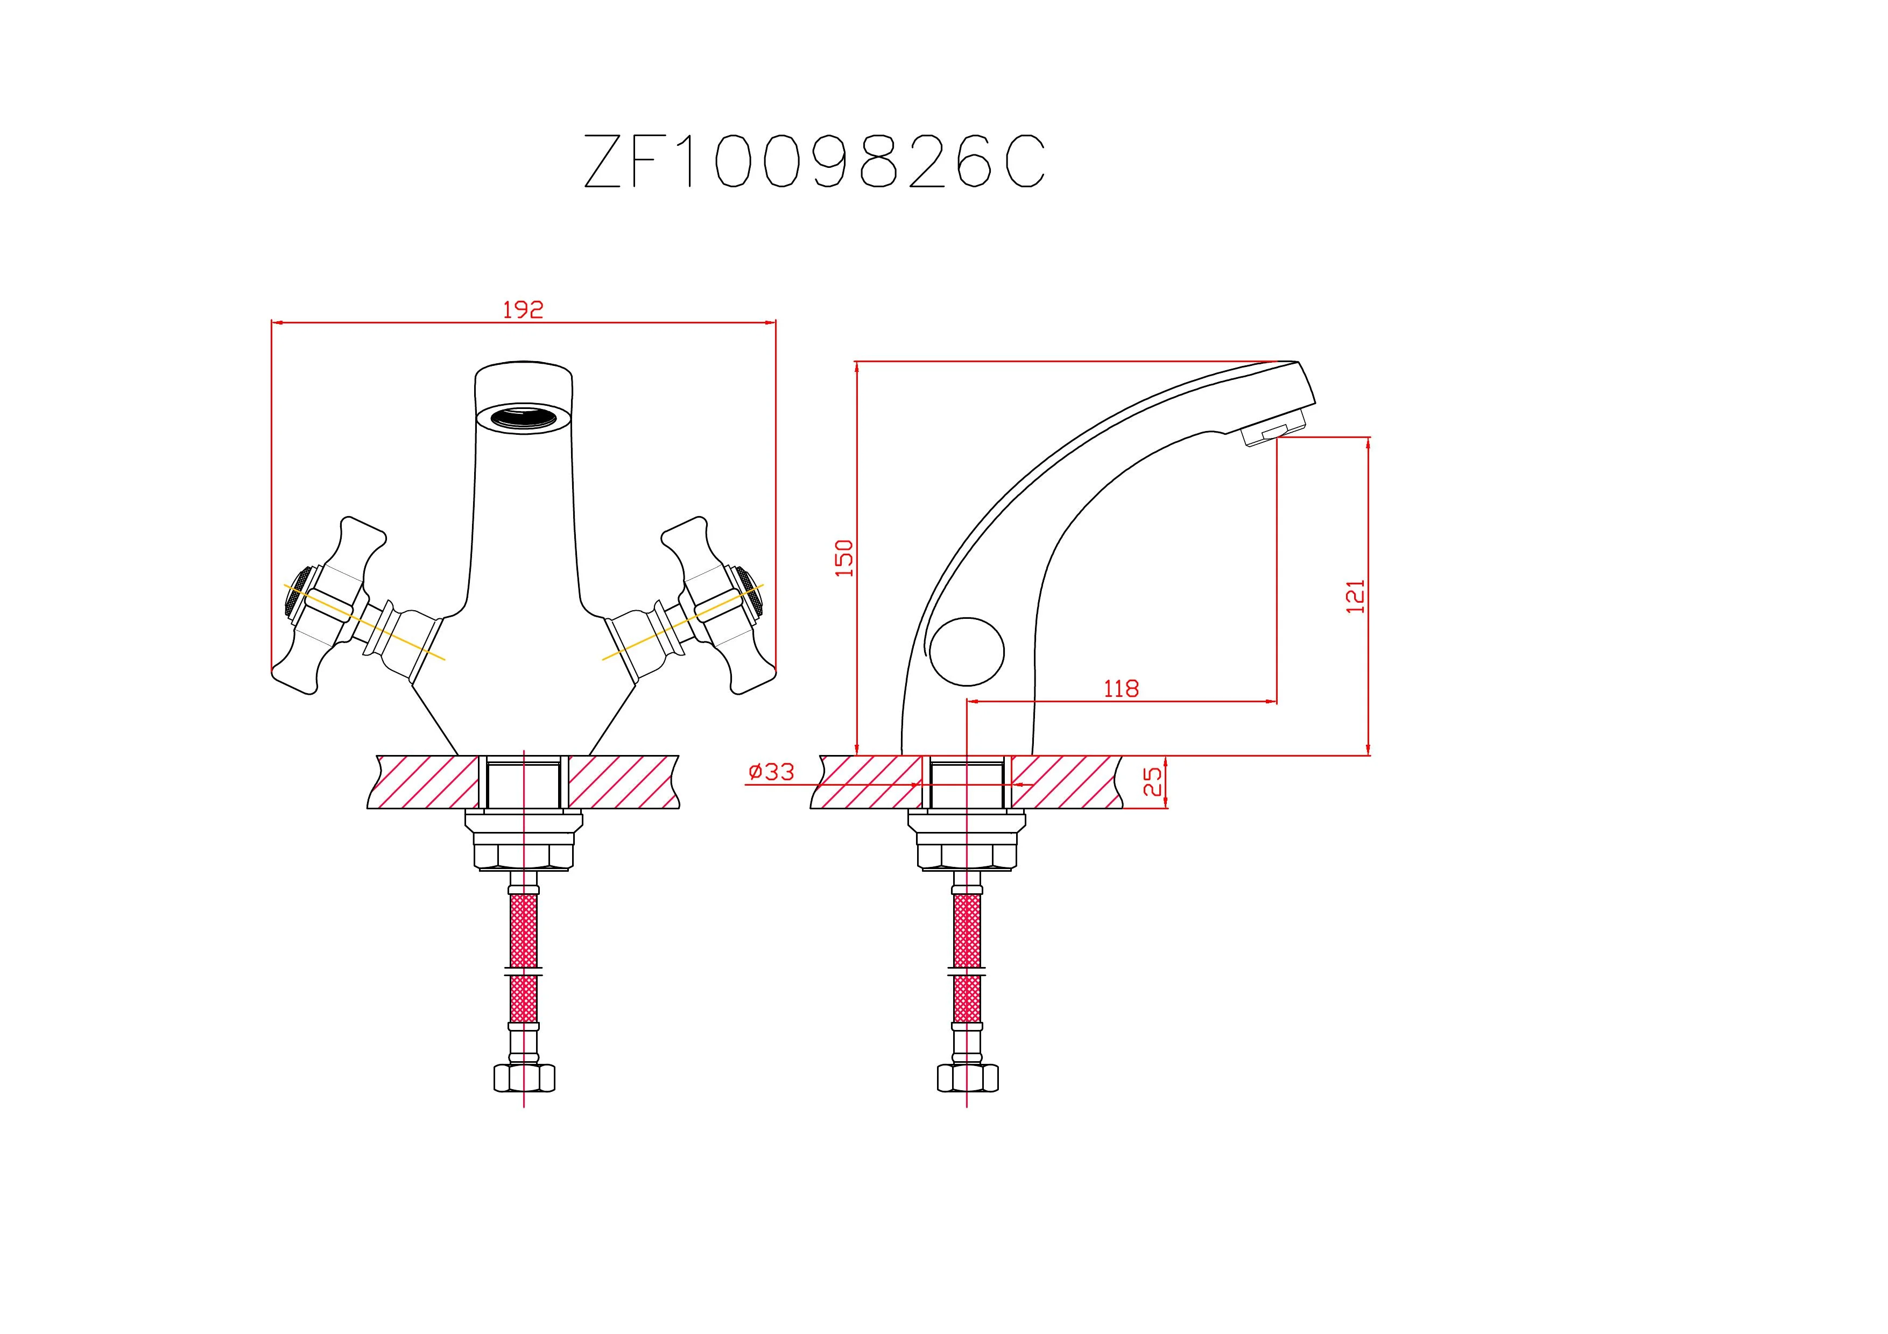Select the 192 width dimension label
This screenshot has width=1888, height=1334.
523,310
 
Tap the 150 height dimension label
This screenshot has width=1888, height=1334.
844,557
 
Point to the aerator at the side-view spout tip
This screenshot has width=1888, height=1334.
1273,432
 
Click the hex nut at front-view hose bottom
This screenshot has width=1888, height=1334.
524,1077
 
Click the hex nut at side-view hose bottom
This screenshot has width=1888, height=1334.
967,1077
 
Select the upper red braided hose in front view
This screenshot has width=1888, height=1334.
524,930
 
